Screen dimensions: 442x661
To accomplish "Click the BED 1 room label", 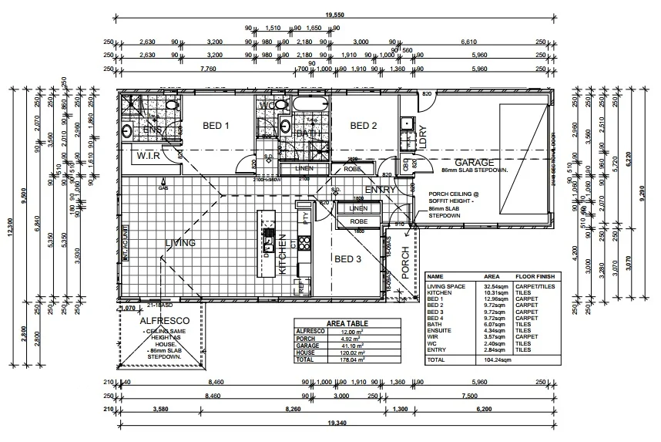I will tap(216, 126).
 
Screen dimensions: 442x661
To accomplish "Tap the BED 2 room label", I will tap(364, 126).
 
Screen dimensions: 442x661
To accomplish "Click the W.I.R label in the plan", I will tap(148, 156).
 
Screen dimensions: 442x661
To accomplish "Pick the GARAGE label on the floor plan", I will tap(474, 163).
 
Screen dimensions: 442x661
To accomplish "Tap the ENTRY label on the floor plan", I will tap(381, 190).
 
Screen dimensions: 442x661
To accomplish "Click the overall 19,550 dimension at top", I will tap(334, 14).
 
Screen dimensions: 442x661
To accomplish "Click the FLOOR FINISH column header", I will tap(534, 275).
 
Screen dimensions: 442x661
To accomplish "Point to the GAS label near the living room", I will tap(163, 187).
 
